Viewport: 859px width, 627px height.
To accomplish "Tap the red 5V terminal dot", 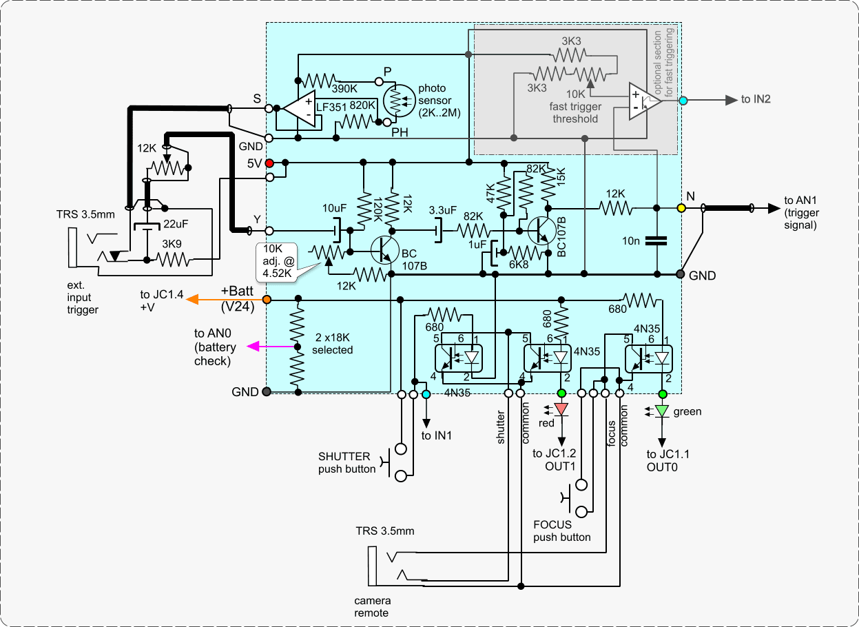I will pyautogui.click(x=269, y=163).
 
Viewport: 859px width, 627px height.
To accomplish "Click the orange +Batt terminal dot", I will pyautogui.click(x=266, y=299).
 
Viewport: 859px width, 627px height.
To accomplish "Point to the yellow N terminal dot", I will pyautogui.click(x=681, y=207).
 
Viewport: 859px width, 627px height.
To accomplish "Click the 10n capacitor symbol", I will pyautogui.click(x=658, y=241).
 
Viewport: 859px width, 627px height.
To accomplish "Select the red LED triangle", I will pyautogui.click(x=561, y=409).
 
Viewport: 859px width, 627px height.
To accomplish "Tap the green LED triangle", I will pyautogui.click(x=662, y=411).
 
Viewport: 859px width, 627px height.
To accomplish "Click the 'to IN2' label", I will pyautogui.click(x=756, y=100).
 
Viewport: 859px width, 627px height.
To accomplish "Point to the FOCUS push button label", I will pyautogui.click(x=562, y=531).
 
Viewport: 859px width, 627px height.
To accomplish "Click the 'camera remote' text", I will pyautogui.click(x=371, y=606).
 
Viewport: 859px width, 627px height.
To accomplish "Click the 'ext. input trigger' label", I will pyautogui.click(x=83, y=297).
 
